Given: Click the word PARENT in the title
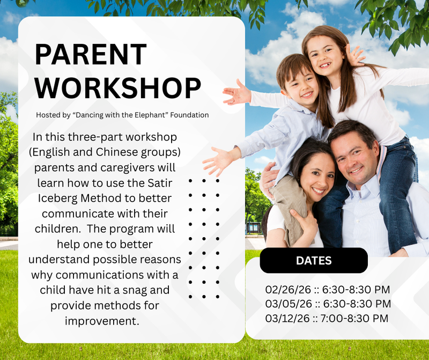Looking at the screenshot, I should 91,55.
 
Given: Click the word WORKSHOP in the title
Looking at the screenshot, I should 118,88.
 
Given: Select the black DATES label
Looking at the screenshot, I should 314,261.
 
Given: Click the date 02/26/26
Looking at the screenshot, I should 288,290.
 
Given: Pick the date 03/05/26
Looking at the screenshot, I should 288,304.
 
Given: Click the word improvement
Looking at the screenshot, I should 102,321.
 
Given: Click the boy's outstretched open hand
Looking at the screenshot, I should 217,159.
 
